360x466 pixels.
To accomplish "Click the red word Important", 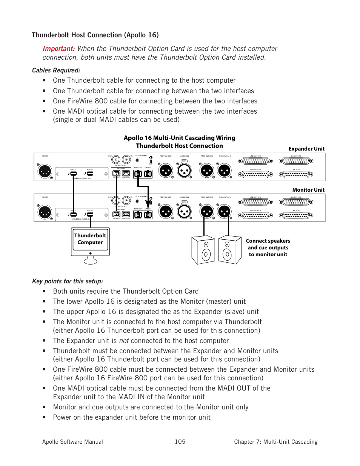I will tap(58, 49).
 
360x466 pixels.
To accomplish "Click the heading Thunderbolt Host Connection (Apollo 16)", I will tap(95, 35).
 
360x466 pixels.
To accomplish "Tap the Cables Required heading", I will tap(56, 71).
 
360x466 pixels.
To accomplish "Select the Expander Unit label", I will tap(306, 149).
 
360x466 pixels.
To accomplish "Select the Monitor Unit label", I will tap(308, 190).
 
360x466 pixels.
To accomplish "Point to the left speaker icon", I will tap(203, 250).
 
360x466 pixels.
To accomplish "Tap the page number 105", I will tap(180, 442).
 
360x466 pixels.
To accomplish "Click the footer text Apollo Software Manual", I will tap(72, 442).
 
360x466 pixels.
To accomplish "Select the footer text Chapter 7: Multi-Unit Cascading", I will tap(275, 442).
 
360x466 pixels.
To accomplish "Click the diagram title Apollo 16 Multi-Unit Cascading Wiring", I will tap(179, 138).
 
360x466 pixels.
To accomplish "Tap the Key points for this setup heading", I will tap(67, 281).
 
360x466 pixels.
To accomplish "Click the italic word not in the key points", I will tap(124, 341).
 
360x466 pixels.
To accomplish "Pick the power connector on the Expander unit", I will tap(45, 171).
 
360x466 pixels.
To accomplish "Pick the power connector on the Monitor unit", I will tap(45, 212).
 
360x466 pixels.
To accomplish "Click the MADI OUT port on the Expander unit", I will tap(138, 174).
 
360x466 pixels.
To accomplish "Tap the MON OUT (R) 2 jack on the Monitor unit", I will tap(207, 212).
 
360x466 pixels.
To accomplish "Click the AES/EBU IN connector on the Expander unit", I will tap(184, 171).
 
